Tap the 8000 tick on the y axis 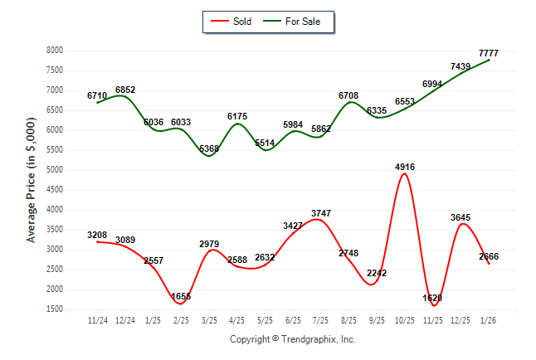click(56, 51)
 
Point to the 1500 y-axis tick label click(56, 309)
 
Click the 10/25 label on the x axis click(404, 320)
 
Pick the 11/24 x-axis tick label click(97, 320)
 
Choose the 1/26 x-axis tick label click(489, 320)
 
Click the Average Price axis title click(32, 180)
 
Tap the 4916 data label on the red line click(404, 167)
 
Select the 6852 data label click(125, 90)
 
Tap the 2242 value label click(376, 273)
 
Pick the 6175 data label click(237, 117)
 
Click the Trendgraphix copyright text click(292, 339)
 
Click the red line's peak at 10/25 click(404, 173)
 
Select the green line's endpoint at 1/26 click(489, 60)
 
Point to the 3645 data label click(460, 217)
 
